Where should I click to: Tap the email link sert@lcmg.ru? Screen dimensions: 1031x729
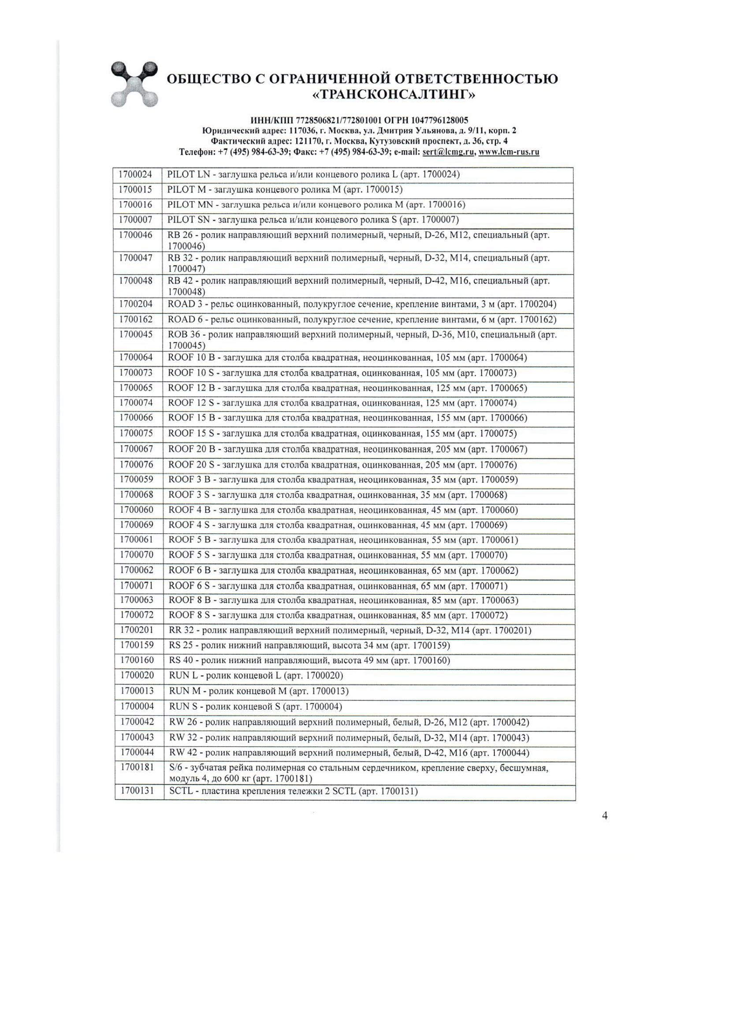[448, 152]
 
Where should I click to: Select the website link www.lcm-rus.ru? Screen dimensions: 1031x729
[509, 152]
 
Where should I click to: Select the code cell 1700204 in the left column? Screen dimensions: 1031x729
[136, 305]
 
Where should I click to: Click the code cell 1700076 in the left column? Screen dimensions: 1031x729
[137, 464]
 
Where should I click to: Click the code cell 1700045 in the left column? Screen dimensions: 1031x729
[136, 335]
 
